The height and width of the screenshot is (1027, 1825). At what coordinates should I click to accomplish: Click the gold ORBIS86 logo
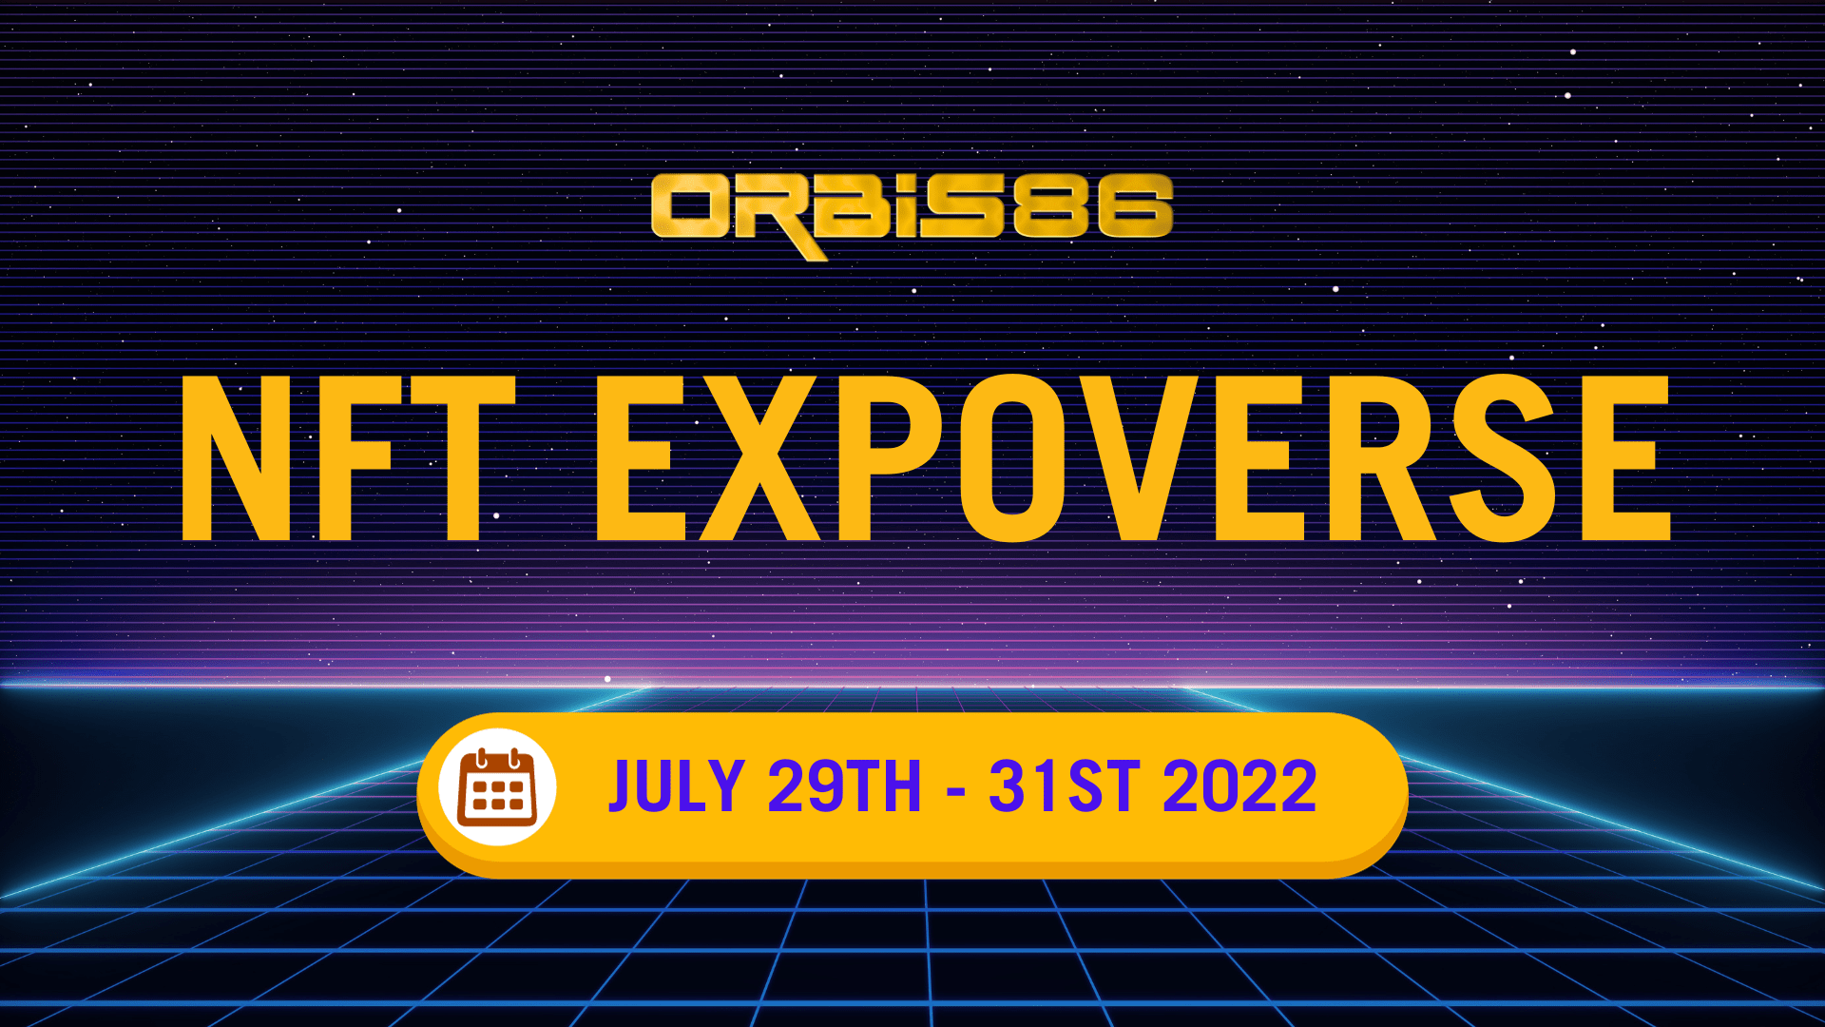click(912, 214)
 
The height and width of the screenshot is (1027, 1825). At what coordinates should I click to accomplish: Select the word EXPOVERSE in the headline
click(1133, 458)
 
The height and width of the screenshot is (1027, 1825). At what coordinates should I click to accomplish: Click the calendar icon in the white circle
click(497, 787)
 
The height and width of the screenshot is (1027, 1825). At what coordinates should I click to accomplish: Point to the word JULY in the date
click(676, 786)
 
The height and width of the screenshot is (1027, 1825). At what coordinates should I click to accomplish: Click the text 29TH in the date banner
click(844, 786)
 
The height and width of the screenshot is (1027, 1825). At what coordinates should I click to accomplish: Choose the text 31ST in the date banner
click(1064, 786)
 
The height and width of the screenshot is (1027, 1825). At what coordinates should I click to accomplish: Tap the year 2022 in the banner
click(1239, 786)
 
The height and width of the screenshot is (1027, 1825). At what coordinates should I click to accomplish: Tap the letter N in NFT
click(236, 458)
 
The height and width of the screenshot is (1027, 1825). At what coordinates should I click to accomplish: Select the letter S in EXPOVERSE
click(1503, 458)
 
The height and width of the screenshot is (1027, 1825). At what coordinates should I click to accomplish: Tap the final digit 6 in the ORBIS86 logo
click(1135, 206)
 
